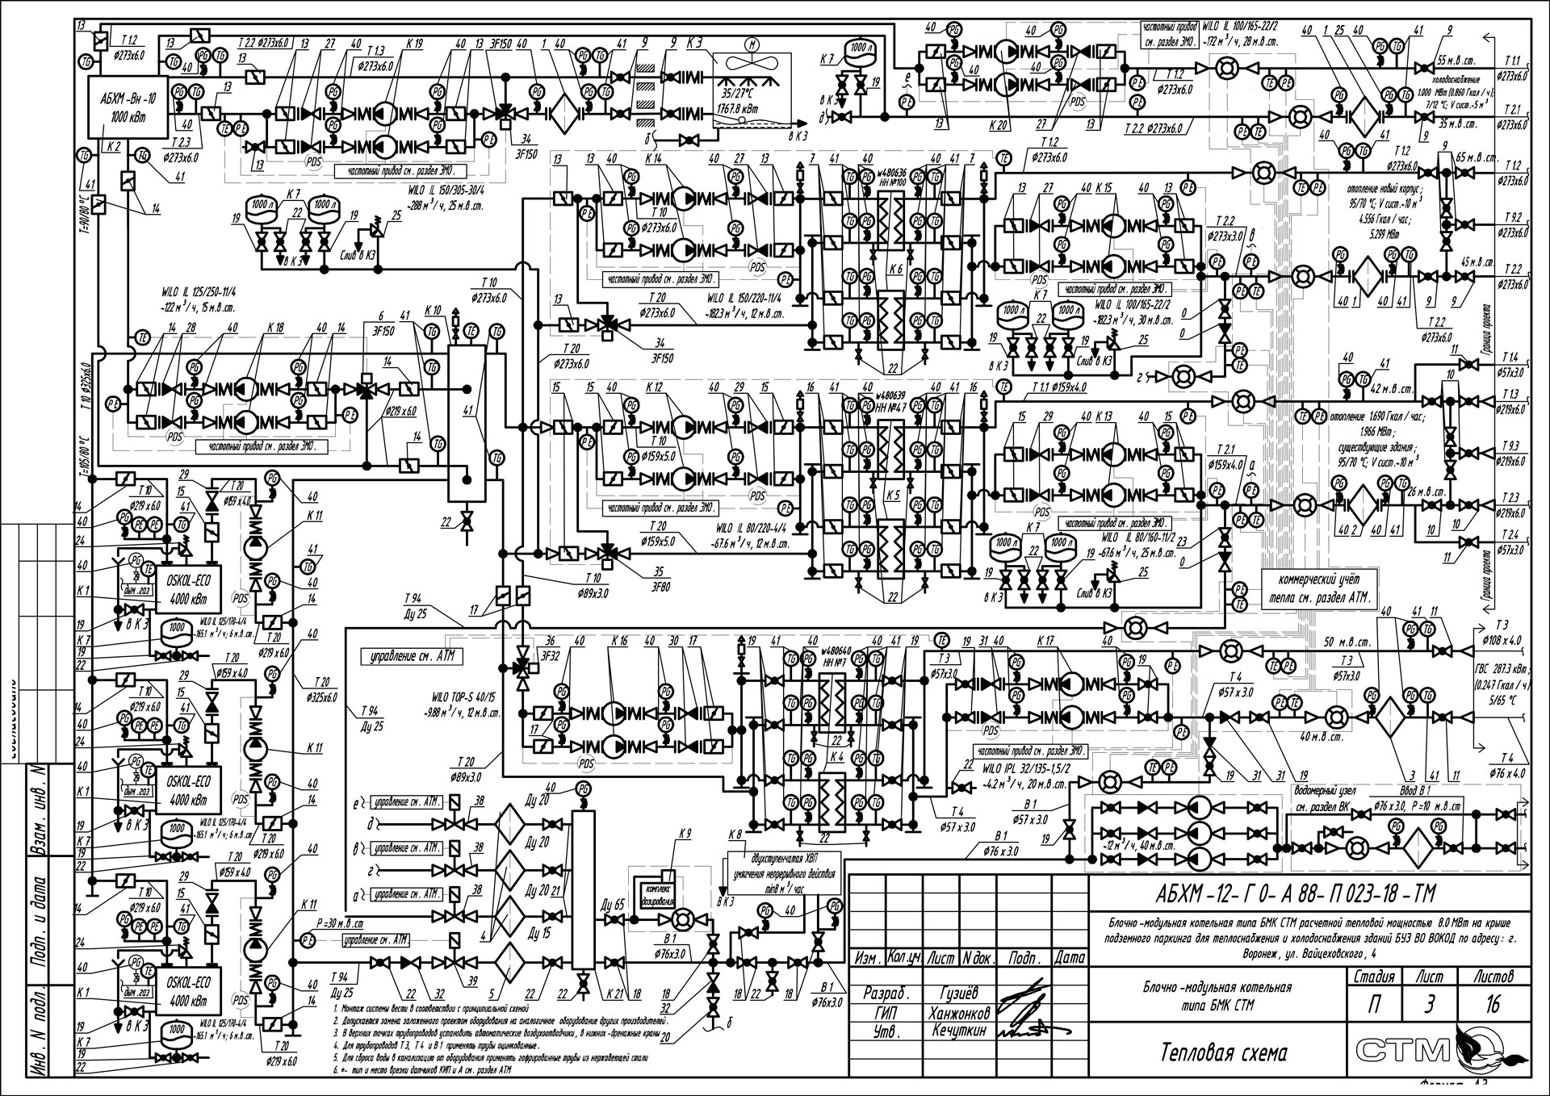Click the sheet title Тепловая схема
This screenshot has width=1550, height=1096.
point(1224,1052)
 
